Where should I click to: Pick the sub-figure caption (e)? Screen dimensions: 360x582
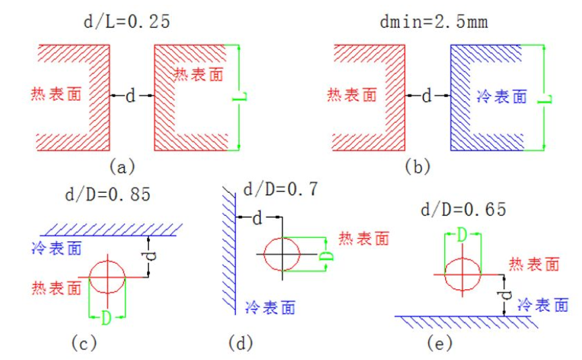[x=439, y=344]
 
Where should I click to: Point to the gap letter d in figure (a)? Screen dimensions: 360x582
[x=131, y=96]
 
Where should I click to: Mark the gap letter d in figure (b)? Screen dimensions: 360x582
[x=426, y=96]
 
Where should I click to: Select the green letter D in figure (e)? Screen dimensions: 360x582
[x=462, y=235]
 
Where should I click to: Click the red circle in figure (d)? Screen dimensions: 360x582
[x=282, y=254]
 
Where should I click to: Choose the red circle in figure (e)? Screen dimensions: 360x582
[x=462, y=274]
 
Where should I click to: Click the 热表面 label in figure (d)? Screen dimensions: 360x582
[x=364, y=238]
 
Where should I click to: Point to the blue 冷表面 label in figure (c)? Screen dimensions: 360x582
[x=57, y=248]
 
